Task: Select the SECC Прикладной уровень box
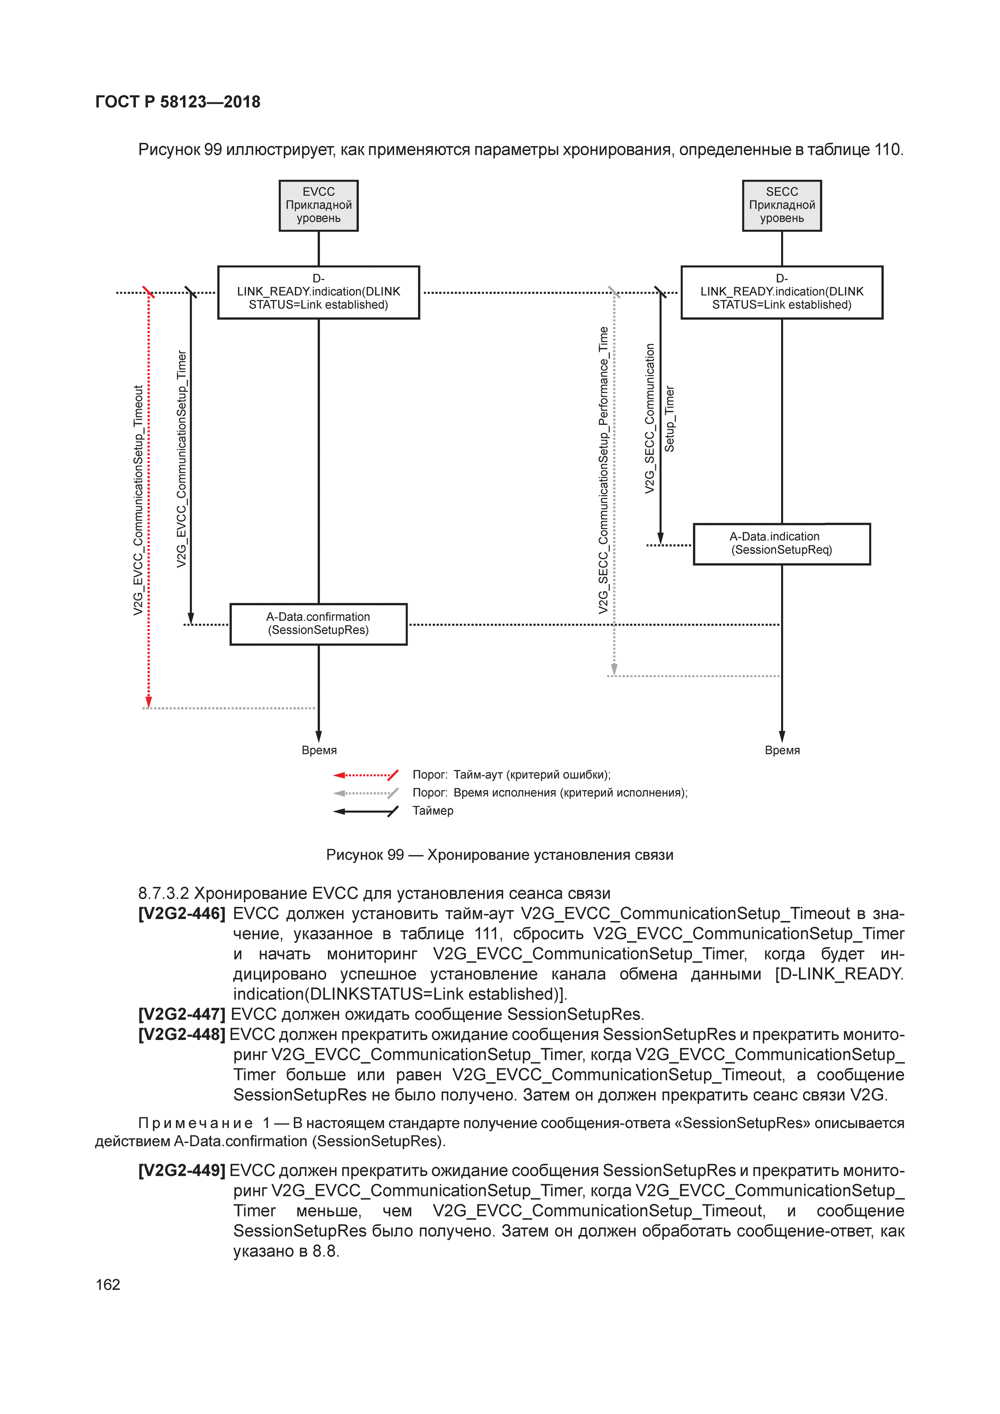tap(781, 205)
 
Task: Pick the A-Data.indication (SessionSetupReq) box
tap(781, 543)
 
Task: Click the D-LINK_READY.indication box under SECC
tap(781, 292)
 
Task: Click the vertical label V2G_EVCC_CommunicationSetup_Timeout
tap(138, 500)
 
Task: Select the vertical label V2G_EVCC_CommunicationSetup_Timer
tap(181, 459)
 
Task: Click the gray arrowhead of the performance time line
tap(614, 670)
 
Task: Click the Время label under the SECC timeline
tap(782, 750)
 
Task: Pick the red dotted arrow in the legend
tap(365, 775)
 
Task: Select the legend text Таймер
tap(433, 811)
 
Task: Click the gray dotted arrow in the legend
tap(365, 792)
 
